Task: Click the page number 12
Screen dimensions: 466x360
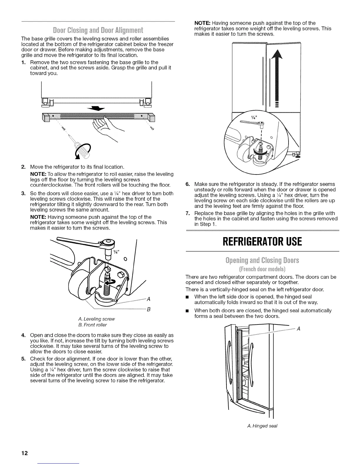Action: pos(25,453)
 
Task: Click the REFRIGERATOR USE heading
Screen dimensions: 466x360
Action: pos(262,242)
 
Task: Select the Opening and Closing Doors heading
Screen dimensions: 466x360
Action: pos(262,260)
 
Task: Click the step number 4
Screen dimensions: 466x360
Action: pos(23,335)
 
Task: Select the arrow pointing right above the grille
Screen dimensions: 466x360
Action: pos(97,108)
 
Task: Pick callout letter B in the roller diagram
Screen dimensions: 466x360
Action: pos(149,309)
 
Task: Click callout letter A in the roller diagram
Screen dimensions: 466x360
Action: pos(149,299)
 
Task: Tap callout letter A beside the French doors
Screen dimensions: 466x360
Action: pos(299,329)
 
